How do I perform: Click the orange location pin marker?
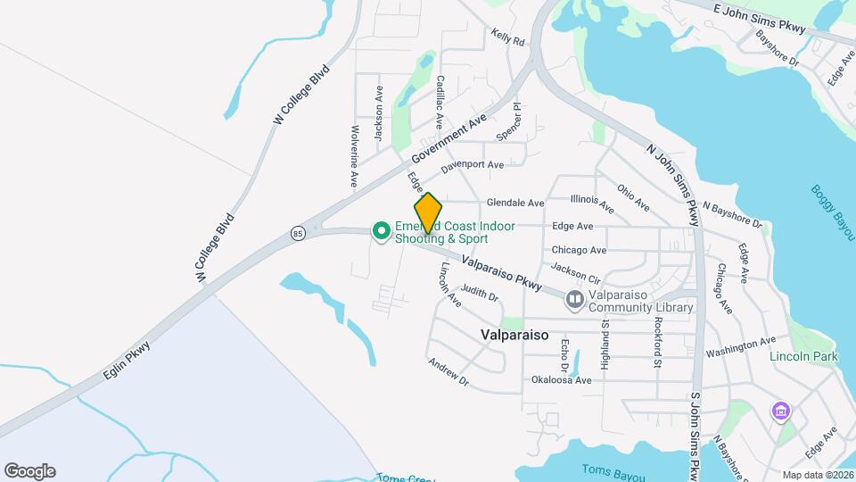pyautogui.click(x=429, y=213)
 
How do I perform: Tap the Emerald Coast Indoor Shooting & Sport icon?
pyautogui.click(x=382, y=232)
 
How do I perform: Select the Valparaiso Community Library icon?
pyautogui.click(x=575, y=301)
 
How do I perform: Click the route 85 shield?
pyautogui.click(x=298, y=234)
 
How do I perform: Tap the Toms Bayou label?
pyautogui.click(x=613, y=470)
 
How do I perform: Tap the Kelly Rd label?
pyautogui.click(x=506, y=37)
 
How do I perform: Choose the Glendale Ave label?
pyautogui.click(x=515, y=204)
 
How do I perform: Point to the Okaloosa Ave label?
pyautogui.click(x=562, y=380)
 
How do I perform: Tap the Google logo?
pyautogui.click(x=29, y=471)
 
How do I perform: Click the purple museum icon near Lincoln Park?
pyautogui.click(x=781, y=411)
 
